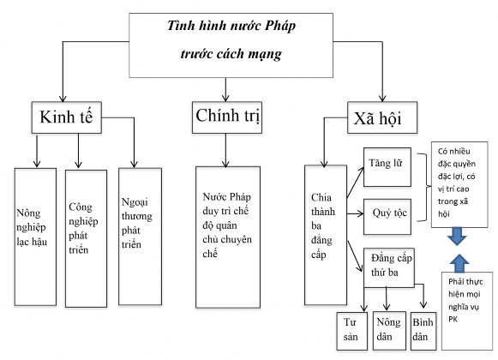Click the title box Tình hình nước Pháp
pos(225,39)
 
